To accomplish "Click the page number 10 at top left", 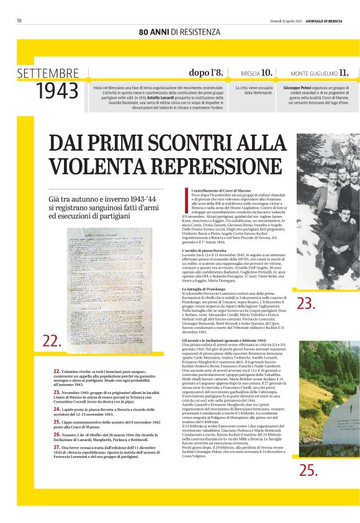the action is click(19, 20).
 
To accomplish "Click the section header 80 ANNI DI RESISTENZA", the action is click(179, 32).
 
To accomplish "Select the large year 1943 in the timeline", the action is click(57, 91).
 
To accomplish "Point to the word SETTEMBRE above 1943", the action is click(48, 73).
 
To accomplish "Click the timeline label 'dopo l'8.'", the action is click(205, 73).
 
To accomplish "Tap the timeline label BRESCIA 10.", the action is click(256, 73).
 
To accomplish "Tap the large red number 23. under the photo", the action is click(306, 303).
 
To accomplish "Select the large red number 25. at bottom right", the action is click(308, 470).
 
